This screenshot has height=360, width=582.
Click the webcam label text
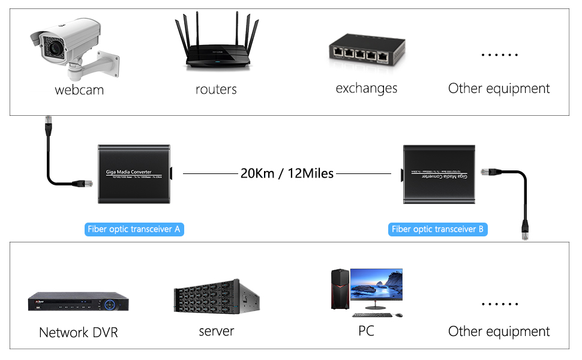[79, 90]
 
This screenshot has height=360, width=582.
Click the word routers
[216, 89]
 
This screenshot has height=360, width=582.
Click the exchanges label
[366, 88]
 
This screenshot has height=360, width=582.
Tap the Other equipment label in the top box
[499, 89]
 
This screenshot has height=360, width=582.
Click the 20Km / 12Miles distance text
[287, 173]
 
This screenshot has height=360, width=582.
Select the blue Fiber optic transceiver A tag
[134, 229]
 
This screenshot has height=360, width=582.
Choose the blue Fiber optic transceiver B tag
[437, 229]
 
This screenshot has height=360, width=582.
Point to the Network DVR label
[79, 332]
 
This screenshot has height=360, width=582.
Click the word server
[216, 331]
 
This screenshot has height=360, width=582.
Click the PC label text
[366, 331]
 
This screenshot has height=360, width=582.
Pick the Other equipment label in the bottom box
[499, 331]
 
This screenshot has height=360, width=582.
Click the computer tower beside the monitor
[340, 289]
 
